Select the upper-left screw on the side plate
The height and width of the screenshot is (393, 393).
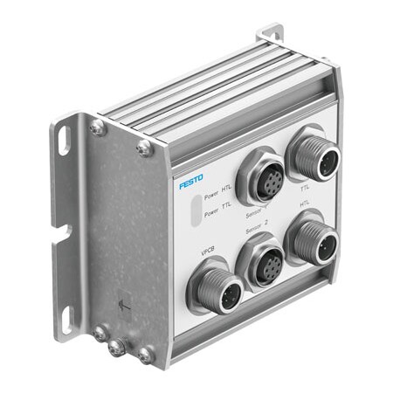point(95,128)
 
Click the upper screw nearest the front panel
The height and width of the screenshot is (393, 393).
point(144,149)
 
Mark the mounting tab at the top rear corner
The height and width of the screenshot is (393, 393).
point(272,35)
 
